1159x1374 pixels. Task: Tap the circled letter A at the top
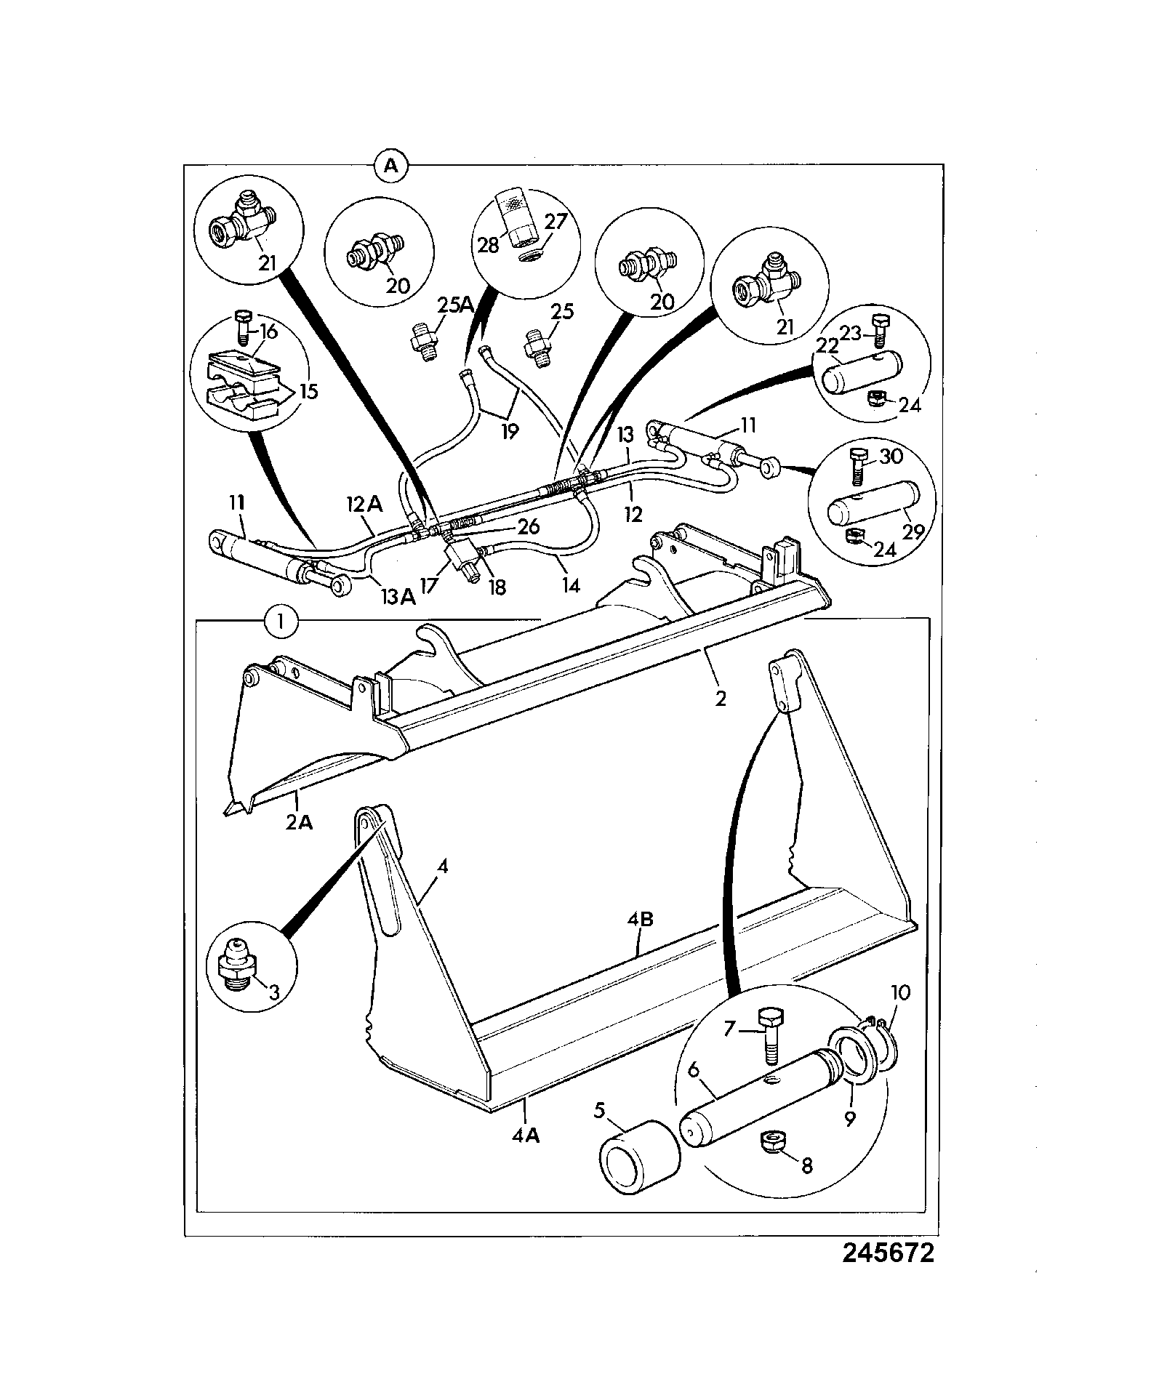[x=391, y=166]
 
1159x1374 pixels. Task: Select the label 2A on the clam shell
[x=299, y=823]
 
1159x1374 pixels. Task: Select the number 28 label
[x=489, y=245]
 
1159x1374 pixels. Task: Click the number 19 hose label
[x=510, y=430]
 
